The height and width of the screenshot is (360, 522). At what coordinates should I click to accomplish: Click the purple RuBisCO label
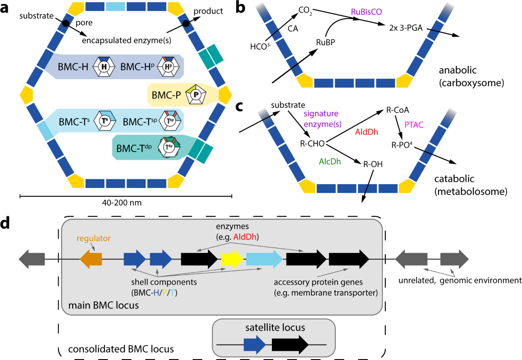pos(366,12)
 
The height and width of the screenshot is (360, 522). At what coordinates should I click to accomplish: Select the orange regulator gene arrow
pos(91,259)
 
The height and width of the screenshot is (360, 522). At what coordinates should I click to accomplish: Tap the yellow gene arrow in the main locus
pos(232,259)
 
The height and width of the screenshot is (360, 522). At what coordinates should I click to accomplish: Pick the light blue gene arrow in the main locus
pos(264,259)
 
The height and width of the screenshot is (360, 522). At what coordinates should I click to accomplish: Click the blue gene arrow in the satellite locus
pos(255,345)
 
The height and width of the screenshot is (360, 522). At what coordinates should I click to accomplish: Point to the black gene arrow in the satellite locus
pos(290,345)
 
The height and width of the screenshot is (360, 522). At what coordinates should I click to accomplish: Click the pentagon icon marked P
pos(196,94)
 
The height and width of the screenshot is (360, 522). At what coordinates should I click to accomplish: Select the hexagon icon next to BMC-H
pos(104,67)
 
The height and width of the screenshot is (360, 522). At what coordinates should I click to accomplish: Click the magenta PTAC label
pos(414,125)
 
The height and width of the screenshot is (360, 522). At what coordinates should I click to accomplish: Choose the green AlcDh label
pos(330,161)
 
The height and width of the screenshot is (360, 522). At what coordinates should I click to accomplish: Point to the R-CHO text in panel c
pos(312,144)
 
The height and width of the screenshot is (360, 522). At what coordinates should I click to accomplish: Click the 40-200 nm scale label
pos(122,202)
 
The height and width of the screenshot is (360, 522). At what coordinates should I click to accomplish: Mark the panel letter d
pos(5,223)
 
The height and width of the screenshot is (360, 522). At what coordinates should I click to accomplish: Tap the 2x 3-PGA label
pos(406,28)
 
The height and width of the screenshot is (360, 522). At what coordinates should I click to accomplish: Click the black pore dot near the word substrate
pos(66,24)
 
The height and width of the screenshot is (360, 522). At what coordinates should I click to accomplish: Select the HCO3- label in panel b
pos(261,47)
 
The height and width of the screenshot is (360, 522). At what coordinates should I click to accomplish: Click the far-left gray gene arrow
pos(32,259)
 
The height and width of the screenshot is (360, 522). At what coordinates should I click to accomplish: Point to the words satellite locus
pos(275,328)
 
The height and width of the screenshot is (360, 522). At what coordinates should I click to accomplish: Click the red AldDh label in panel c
pos(366,132)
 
